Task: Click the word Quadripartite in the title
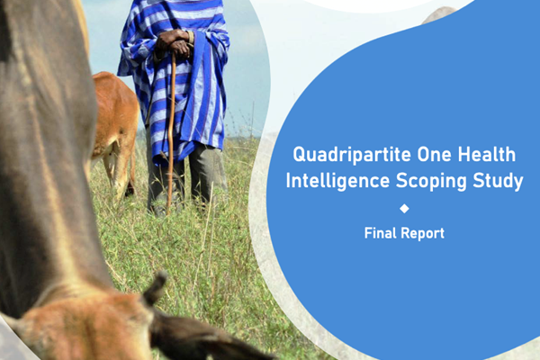[x=351, y=156]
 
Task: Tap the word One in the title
[x=434, y=154]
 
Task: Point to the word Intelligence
[x=337, y=181]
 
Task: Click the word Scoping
[x=430, y=181]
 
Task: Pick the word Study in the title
[x=498, y=181]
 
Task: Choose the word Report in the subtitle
[x=423, y=234]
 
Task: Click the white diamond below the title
[x=404, y=209]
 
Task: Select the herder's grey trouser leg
[x=207, y=175]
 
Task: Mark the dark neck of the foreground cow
[x=45, y=155]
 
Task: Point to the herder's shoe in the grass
[x=159, y=210]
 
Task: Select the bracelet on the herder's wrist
[x=191, y=37]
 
